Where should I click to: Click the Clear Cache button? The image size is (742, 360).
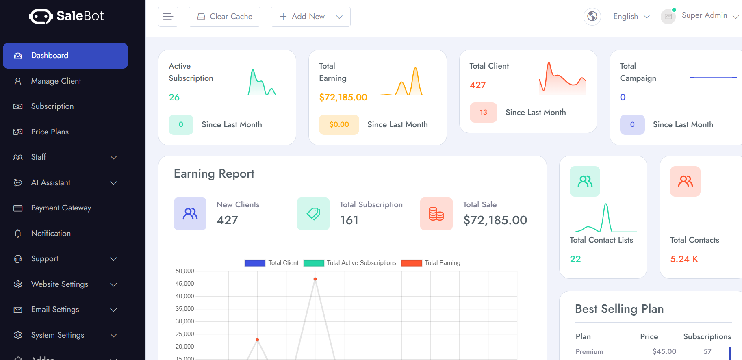click(x=224, y=17)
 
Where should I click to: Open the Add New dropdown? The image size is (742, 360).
click(x=310, y=17)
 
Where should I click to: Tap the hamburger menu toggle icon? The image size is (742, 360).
click(x=168, y=17)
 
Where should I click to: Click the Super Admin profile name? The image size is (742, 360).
click(x=704, y=15)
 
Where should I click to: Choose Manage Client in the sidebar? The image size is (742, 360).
click(x=56, y=81)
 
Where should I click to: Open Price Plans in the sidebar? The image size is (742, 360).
click(x=50, y=132)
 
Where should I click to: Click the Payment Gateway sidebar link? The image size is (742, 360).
click(x=61, y=208)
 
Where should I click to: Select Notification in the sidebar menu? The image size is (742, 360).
click(x=51, y=234)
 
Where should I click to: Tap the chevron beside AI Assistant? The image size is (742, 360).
click(x=114, y=183)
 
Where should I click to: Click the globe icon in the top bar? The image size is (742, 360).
click(x=592, y=17)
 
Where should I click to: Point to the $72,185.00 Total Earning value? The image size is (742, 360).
click(x=343, y=98)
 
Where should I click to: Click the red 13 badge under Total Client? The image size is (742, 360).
click(x=484, y=113)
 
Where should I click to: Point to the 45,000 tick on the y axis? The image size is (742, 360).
click(x=185, y=284)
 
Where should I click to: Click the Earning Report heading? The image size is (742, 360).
click(x=214, y=174)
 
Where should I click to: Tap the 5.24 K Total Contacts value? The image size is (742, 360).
click(x=684, y=259)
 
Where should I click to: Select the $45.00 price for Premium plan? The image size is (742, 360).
click(x=664, y=351)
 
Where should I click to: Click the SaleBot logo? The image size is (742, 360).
click(x=67, y=16)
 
